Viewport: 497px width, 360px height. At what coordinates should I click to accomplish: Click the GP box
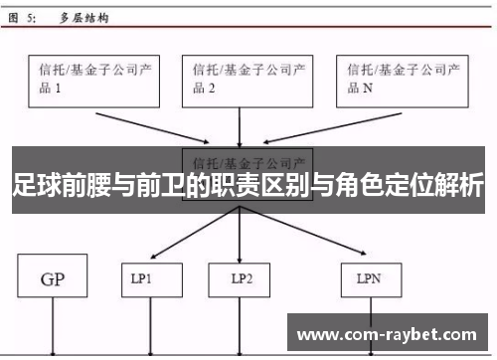(x=52, y=279)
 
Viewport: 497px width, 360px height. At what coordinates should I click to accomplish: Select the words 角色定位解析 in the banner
(x=417, y=186)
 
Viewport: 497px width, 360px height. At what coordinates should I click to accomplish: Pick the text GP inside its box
(x=52, y=279)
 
